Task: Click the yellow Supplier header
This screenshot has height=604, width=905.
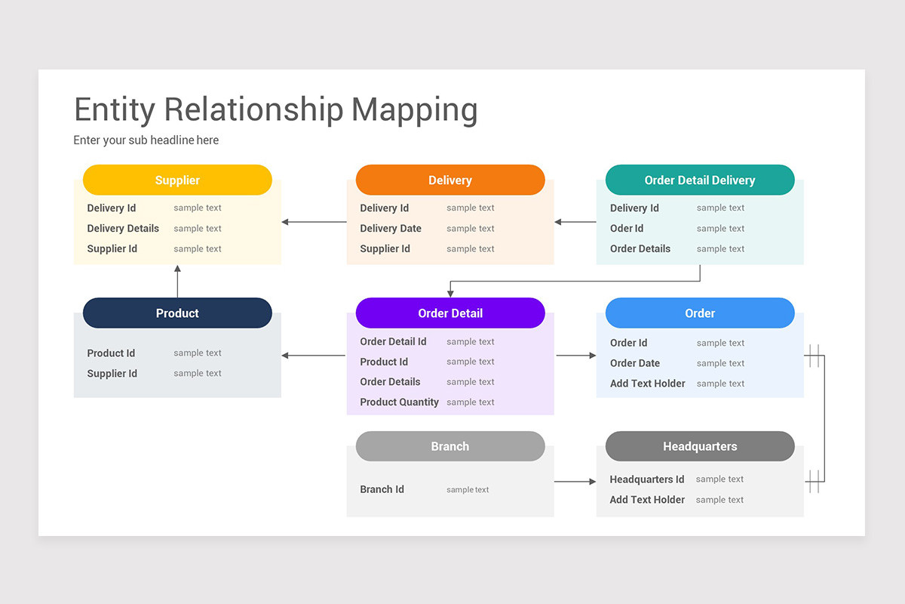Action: [177, 180]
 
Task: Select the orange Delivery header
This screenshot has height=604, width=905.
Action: [450, 180]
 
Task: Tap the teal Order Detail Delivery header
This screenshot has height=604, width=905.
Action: [700, 180]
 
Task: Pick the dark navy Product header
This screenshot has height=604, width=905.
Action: [177, 313]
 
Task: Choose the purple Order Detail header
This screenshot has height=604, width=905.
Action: [450, 313]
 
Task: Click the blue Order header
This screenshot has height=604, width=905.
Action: [700, 313]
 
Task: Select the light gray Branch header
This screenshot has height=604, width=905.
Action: [450, 446]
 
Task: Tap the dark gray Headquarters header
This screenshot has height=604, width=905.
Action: [700, 446]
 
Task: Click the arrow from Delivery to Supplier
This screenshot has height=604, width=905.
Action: [314, 222]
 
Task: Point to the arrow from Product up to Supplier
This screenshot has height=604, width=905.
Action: [177, 281]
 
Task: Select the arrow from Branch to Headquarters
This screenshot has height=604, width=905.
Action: [575, 481]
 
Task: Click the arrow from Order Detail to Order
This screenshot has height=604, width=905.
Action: [575, 355]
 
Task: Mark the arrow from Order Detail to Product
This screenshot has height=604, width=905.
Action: [314, 355]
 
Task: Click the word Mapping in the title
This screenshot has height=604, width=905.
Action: [414, 109]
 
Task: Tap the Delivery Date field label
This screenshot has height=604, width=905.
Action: [391, 228]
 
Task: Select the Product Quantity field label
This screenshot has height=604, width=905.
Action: [399, 402]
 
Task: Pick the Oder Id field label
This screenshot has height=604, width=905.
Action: [627, 228]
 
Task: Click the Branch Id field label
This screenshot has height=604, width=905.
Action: [382, 489]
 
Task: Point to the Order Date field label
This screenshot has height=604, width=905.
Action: [634, 363]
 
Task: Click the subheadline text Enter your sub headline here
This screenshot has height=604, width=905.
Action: [146, 140]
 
